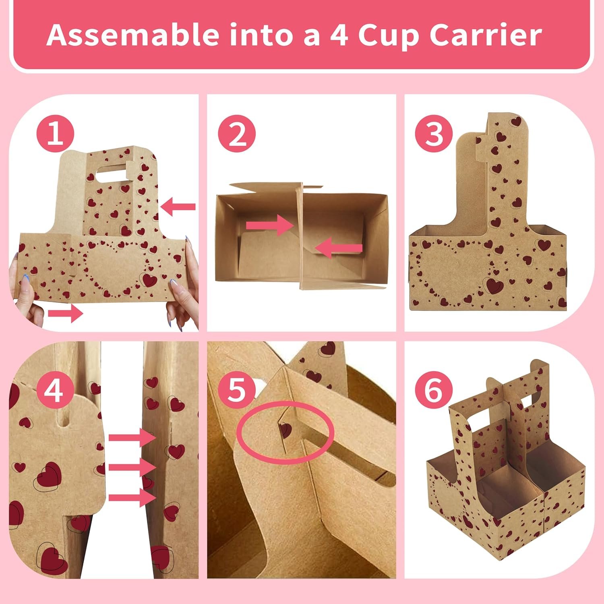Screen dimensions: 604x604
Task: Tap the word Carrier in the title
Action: (485, 35)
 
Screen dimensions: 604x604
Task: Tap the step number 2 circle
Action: (237, 134)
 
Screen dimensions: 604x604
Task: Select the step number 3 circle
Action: (434, 134)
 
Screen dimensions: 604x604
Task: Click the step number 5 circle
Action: (237, 390)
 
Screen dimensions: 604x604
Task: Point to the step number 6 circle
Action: (434, 390)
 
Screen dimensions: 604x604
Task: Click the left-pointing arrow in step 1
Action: (178, 207)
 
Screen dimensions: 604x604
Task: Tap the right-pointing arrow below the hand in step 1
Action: (65, 313)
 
